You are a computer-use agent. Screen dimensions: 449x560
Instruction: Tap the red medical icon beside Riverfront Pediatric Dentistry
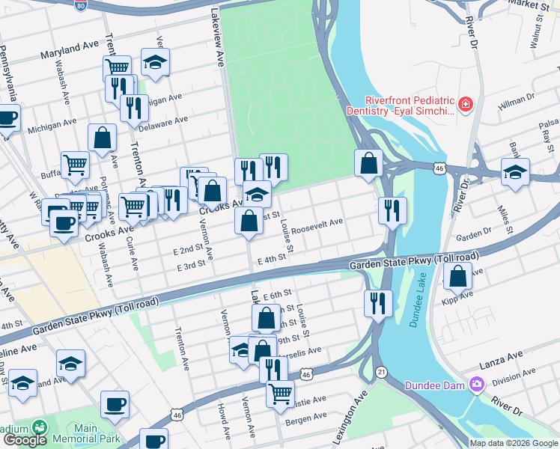click(466, 103)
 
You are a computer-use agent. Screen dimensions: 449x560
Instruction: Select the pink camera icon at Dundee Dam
click(476, 385)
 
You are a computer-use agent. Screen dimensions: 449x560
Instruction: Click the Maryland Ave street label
click(70, 50)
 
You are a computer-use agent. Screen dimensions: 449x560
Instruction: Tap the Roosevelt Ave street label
click(317, 225)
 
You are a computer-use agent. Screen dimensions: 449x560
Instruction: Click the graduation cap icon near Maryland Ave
click(155, 62)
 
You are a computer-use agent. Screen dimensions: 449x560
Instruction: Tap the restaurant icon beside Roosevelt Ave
click(392, 210)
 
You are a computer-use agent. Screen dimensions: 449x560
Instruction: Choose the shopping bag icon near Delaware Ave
click(103, 138)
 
